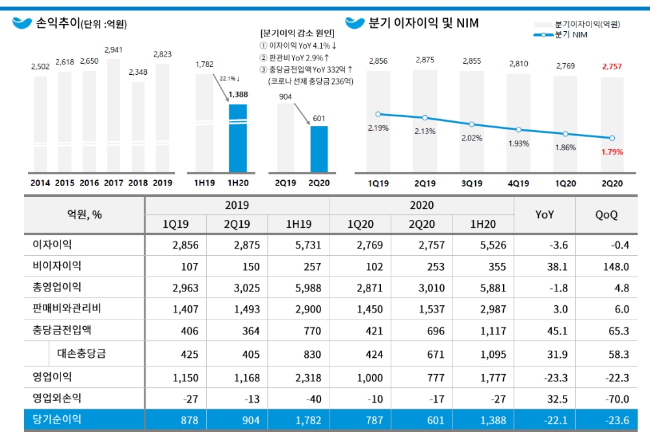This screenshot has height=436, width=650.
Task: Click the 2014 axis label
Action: click(x=40, y=183)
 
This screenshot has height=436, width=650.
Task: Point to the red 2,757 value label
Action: click(x=612, y=66)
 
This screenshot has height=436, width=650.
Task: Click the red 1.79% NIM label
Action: click(x=612, y=152)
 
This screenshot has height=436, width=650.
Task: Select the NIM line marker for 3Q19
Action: click(x=472, y=124)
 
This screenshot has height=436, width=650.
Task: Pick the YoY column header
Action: click(x=544, y=214)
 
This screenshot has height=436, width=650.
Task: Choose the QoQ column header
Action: click(x=606, y=214)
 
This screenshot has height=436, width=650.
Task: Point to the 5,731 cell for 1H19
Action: click(x=298, y=245)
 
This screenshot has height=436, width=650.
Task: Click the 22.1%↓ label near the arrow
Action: click(x=229, y=79)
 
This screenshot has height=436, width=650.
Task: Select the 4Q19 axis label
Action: click(x=518, y=184)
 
